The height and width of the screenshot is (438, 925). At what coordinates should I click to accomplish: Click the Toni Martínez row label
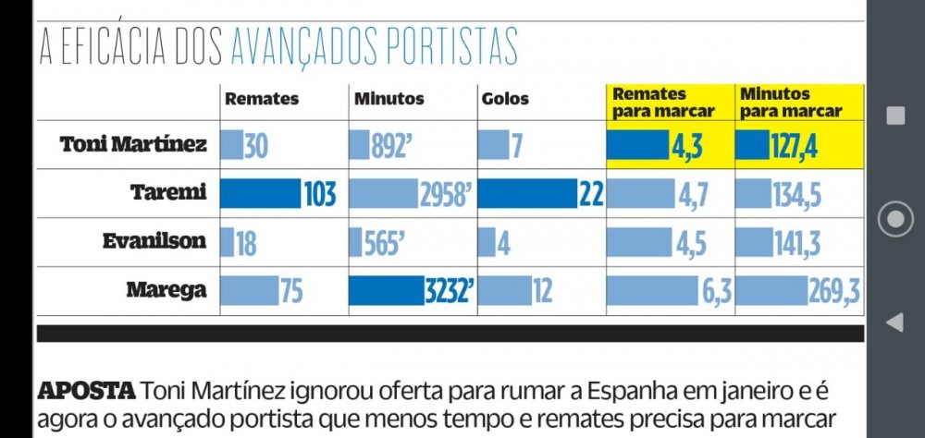coord(133,145)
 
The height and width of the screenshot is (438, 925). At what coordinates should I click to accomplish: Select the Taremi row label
coord(168,193)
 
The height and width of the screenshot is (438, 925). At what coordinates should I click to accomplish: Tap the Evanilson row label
coord(154,242)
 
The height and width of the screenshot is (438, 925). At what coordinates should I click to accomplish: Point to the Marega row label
coord(166,291)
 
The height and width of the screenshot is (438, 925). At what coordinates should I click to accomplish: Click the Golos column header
coord(506,99)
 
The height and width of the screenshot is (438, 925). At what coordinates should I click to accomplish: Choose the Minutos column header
coord(388,99)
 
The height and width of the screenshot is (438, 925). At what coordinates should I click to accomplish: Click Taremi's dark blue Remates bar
coord(260,194)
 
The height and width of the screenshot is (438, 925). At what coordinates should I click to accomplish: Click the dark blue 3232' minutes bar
coord(387,291)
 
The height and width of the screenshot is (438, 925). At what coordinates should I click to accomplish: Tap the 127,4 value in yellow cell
coord(794,146)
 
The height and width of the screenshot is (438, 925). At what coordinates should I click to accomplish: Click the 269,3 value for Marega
coord(834,291)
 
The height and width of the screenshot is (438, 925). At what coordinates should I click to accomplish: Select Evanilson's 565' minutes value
coord(384,243)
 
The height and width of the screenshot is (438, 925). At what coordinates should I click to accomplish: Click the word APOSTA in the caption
coord(86,390)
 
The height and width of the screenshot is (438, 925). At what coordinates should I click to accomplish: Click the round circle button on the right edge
coord(895,219)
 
